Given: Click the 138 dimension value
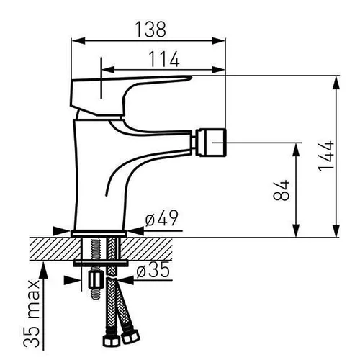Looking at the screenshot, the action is point(150,30).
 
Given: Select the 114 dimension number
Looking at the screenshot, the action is point(164,59).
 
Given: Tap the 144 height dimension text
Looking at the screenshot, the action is point(326,156).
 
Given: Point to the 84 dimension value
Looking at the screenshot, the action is point(282,190).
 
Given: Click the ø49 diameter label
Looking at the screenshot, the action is point(162,218).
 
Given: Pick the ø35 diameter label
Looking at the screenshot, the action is point(153,269).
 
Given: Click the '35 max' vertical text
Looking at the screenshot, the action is point(32,313).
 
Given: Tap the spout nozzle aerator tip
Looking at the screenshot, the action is point(211,143).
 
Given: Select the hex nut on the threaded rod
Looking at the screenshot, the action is point(96,279).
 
